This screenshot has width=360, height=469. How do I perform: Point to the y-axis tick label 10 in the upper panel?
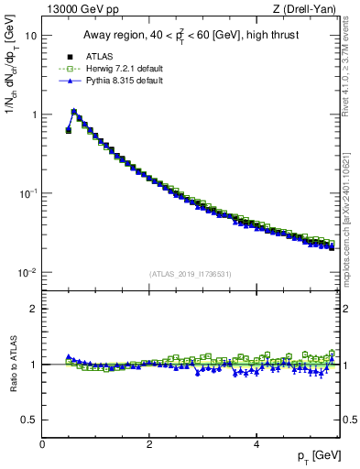pos(31,36)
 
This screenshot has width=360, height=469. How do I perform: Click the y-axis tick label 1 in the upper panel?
pos(34,115)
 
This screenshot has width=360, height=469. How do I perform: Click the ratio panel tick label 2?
pos(34,309)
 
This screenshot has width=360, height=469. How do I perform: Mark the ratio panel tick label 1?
pos(34,365)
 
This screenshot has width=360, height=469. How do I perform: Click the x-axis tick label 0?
pos(42,443)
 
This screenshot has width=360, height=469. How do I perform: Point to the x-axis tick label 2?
pos(149,443)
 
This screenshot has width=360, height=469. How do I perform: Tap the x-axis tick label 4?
pos(256,443)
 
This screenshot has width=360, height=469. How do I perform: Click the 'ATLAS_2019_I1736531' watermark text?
pos(191,273)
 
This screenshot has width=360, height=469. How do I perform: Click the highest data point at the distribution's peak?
pos(74,112)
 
